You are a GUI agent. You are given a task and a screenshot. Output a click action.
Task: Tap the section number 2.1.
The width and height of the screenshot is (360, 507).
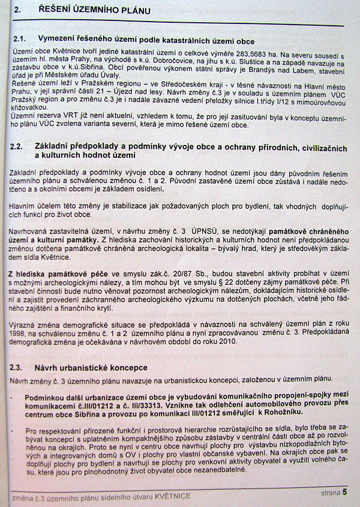coord(20,38)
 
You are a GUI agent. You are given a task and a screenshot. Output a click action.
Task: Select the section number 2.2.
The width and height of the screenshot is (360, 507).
coord(21,146)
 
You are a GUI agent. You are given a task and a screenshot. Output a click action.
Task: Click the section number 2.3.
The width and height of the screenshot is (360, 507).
coord(20,367)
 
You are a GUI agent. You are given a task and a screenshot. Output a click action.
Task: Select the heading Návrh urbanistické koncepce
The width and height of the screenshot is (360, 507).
coord(95,367)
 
